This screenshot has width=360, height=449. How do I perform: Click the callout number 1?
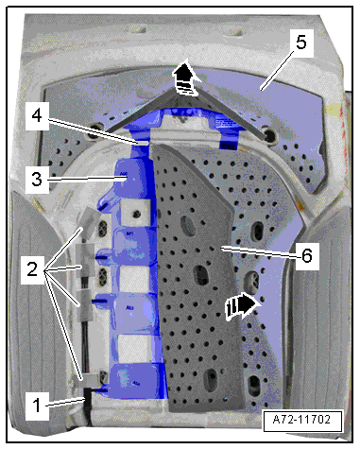[37, 406]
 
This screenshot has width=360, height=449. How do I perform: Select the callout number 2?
[32, 269]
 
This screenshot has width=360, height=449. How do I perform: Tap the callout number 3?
[37, 180]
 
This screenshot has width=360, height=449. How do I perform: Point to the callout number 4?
[37, 116]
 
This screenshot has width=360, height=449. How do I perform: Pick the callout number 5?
[300, 43]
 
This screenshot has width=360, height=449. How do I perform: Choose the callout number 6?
[307, 255]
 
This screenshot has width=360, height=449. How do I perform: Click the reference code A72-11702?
[301, 420]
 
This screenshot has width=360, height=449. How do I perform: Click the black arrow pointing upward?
[186, 78]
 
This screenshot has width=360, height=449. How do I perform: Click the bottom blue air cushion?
[135, 381]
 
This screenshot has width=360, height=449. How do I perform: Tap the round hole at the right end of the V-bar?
[269, 136]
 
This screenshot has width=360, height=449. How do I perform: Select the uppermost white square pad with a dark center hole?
[135, 213]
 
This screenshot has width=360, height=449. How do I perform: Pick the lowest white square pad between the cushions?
[133, 348]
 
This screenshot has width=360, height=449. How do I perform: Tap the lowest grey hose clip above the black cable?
[90, 380]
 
